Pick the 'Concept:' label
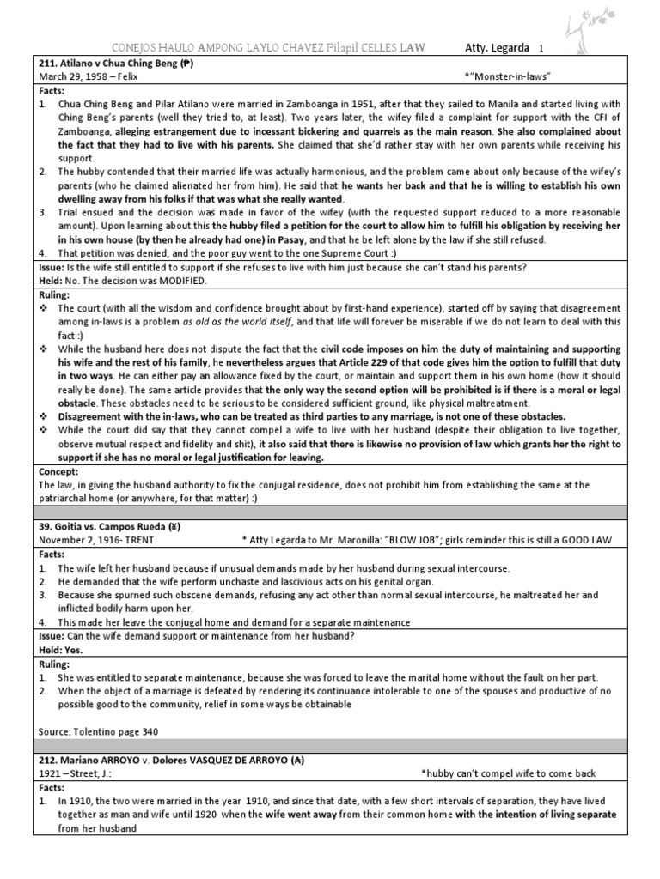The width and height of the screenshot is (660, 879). tap(59, 471)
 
